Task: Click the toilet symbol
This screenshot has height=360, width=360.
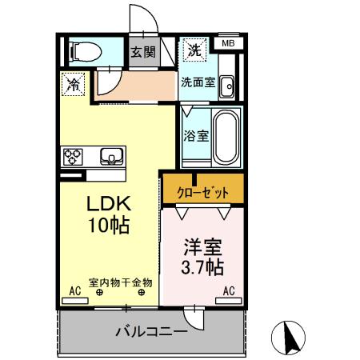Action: click(84, 52)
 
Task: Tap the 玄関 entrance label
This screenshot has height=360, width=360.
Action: click(143, 54)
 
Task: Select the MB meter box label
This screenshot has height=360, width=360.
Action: click(228, 43)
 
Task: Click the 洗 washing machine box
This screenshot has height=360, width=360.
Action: click(193, 50)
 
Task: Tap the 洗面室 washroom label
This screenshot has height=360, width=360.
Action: click(195, 82)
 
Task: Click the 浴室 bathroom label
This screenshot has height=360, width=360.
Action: click(197, 135)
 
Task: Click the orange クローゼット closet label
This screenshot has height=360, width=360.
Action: click(203, 192)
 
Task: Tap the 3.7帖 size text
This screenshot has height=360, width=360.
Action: click(202, 266)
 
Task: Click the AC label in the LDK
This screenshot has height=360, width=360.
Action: click(75, 291)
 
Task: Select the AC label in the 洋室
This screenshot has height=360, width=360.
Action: click(228, 291)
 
